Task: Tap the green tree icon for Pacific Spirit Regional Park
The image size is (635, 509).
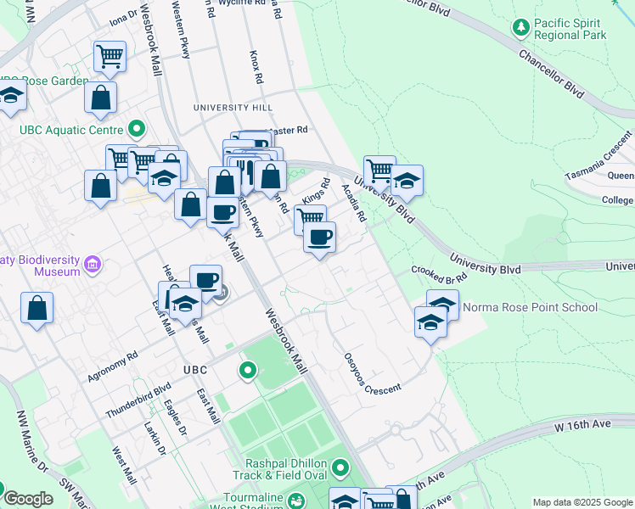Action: [520, 28]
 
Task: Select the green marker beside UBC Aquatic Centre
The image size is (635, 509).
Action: [137, 130]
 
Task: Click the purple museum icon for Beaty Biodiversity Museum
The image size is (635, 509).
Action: [93, 266]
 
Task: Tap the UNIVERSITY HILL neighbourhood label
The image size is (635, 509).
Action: [233, 108]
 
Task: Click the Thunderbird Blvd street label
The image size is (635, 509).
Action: [138, 400]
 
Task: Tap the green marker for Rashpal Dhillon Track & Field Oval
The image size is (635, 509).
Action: [340, 467]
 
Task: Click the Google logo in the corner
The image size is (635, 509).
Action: [28, 499]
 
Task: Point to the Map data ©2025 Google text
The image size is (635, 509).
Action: [582, 502]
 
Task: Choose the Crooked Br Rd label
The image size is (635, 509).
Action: [440, 273]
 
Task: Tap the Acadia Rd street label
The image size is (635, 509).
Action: [353, 204]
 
